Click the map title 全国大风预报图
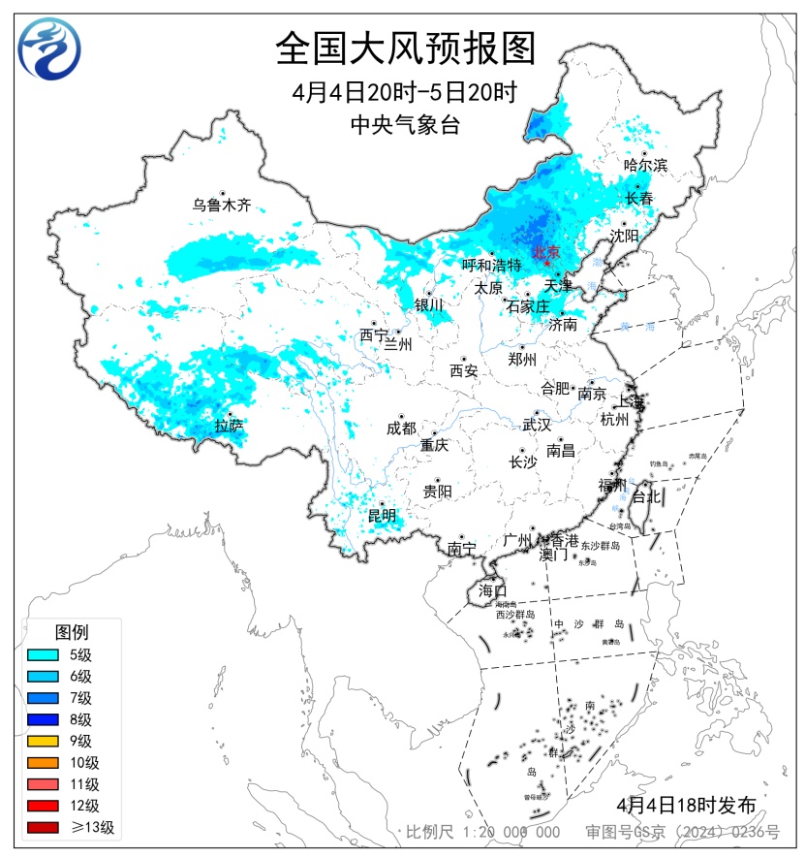pos(405,48)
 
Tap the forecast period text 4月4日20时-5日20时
pos(405,93)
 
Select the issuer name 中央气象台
pos(405,124)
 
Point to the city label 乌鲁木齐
pos(221,206)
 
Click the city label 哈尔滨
pos(645,166)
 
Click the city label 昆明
pos(382,515)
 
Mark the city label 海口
pos(492,590)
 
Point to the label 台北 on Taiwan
pos(645,496)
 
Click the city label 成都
pos(401,429)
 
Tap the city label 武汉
pos(536,425)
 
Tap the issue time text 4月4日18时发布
pos(685,805)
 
